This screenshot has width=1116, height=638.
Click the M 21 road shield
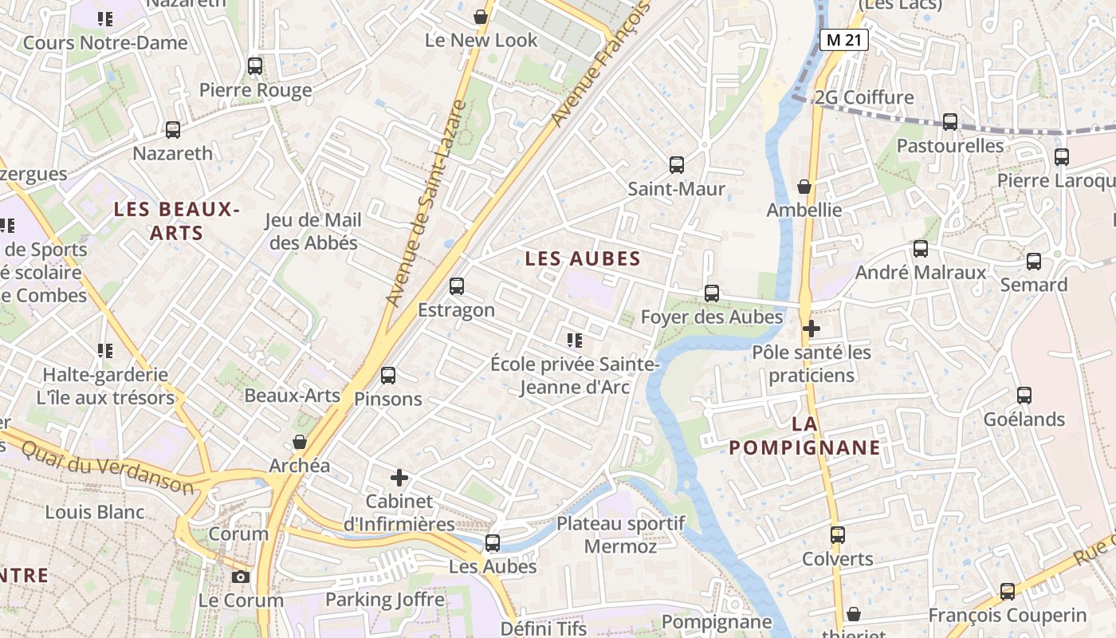[843, 40]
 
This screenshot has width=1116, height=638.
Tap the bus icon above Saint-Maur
[677, 165]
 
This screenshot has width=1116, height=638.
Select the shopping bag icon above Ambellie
[804, 187]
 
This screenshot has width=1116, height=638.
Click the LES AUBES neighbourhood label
[583, 258]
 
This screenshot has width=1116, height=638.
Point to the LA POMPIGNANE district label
[805, 435]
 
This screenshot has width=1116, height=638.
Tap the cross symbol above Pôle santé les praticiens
[811, 328]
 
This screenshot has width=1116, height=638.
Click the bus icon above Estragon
[457, 286]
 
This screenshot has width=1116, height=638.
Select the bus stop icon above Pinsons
[388, 376]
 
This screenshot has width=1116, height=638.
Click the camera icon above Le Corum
[240, 577]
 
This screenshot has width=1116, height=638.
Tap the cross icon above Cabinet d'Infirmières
[399, 478]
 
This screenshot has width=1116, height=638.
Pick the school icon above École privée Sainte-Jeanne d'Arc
[575, 341]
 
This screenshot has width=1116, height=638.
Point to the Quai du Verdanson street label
[107, 467]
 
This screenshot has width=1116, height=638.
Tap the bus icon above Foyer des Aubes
[712, 293]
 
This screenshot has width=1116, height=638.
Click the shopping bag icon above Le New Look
[481, 17]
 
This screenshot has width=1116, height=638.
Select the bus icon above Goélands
[1024, 396]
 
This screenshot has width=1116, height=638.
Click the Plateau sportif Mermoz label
[620, 535]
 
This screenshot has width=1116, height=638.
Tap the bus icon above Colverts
[838, 535]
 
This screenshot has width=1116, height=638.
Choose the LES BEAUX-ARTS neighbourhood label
[176, 221]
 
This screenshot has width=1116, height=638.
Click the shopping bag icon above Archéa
[300, 442]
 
